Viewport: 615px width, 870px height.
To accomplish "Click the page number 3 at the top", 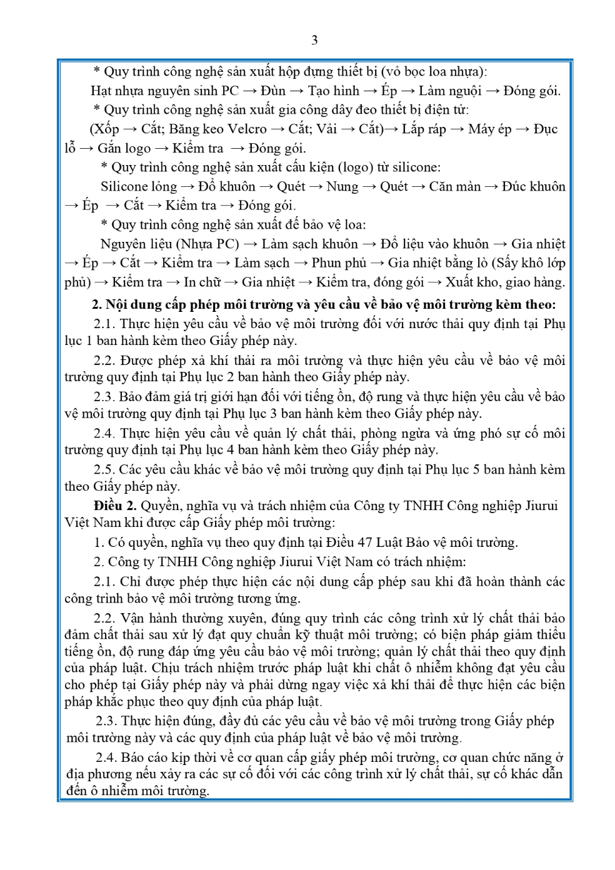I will [x=314, y=41].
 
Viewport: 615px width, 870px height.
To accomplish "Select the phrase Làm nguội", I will [x=449, y=91].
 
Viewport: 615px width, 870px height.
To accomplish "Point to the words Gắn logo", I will [x=124, y=149].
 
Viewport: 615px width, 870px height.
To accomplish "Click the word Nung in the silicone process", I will [x=342, y=187].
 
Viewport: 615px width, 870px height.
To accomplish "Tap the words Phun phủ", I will [x=339, y=263].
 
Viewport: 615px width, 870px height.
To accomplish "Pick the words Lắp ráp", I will [x=422, y=129].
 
